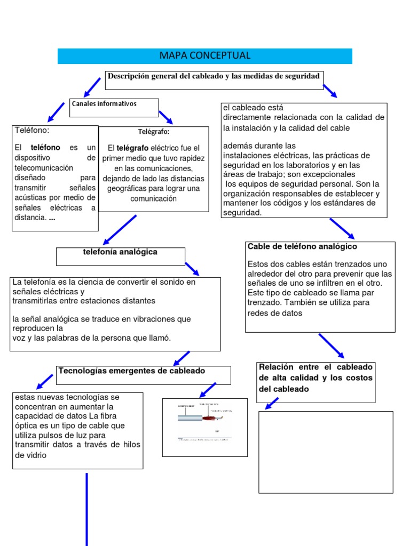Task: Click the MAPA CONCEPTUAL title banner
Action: coord(205,56)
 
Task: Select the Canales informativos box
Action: coord(114,107)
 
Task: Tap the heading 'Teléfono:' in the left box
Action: coord(32,130)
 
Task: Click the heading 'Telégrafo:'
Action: coord(153,132)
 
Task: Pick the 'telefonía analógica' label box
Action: coord(120,255)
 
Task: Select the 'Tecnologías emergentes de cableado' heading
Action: coord(132,371)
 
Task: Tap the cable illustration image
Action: coord(204,427)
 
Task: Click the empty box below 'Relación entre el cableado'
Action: coord(326,452)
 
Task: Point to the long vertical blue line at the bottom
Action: coord(86,509)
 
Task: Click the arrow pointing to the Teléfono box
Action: coord(56,111)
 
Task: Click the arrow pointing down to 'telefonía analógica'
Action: coord(120,229)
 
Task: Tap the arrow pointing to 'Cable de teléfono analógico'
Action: coord(342,228)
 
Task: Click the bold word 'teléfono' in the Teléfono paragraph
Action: coord(45,147)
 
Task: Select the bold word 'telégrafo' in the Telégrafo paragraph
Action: coord(132,148)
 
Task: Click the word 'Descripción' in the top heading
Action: coord(129,76)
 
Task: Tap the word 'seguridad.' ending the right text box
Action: coord(243,212)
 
